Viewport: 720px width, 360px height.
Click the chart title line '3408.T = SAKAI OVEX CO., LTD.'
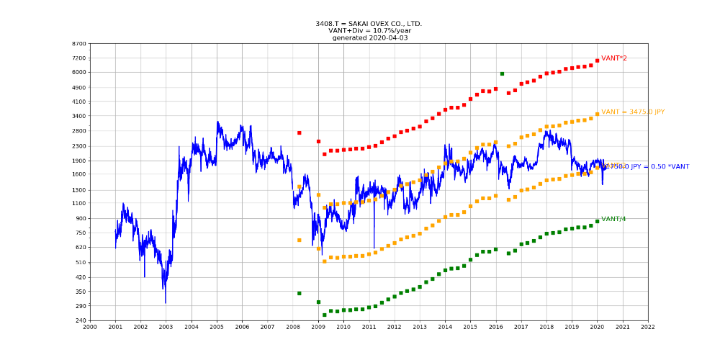(x=369, y=24)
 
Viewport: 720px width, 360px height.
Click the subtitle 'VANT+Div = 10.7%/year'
(x=369, y=31)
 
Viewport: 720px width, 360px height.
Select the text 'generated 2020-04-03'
(x=369, y=38)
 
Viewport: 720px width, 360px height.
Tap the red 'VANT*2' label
(x=614, y=58)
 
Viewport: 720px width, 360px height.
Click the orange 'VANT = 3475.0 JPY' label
(x=633, y=112)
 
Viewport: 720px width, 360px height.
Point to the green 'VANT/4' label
(x=613, y=219)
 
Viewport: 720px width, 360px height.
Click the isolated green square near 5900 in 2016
(x=502, y=73)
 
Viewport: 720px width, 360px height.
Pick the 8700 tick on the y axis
(x=78, y=44)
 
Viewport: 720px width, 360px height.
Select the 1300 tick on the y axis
(x=78, y=190)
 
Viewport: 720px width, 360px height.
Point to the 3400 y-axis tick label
(x=78, y=116)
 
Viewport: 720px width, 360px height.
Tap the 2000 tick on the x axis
(x=90, y=327)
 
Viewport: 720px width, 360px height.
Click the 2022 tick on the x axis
(x=648, y=327)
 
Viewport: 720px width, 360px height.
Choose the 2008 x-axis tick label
(x=293, y=327)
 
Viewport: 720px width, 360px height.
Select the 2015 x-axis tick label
(x=470, y=327)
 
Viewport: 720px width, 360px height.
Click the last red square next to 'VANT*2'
(x=597, y=60)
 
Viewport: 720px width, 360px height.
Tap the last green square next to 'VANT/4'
(x=597, y=221)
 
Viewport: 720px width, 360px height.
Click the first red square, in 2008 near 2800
(x=299, y=132)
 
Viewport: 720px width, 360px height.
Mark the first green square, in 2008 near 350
(x=299, y=293)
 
